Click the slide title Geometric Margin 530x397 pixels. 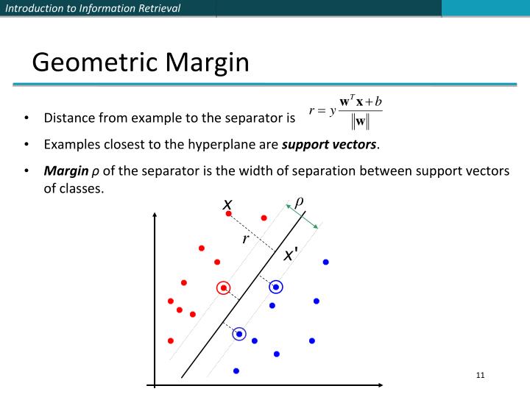tap(141, 62)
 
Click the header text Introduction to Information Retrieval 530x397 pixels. tap(93, 8)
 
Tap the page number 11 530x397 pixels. tap(481, 376)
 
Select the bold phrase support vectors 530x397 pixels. tap(329, 144)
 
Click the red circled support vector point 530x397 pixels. tap(224, 287)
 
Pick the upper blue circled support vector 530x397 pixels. tap(276, 287)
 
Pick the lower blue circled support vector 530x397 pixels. tap(239, 334)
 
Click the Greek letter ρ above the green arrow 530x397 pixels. tap(300, 201)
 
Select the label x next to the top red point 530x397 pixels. tap(228, 203)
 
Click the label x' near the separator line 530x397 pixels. tap(291, 255)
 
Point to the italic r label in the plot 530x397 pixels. tap(246, 239)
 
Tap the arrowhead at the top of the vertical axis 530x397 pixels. tap(155, 215)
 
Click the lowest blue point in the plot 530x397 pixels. tap(236, 371)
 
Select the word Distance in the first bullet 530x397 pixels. tap(68, 118)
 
